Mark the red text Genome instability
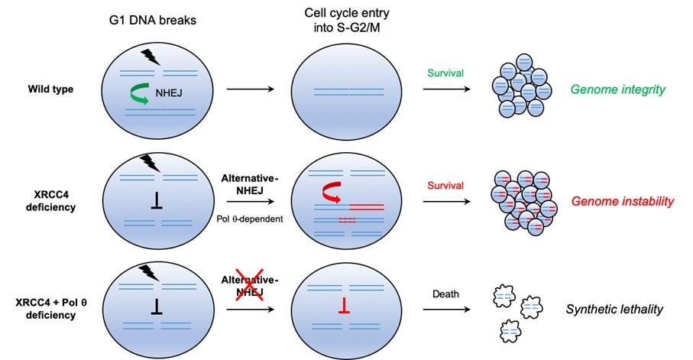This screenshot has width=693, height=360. pos(623,202)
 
